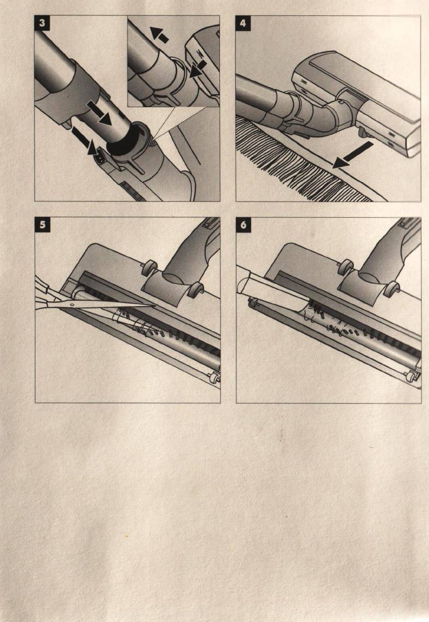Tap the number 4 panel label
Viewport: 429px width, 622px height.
click(244, 24)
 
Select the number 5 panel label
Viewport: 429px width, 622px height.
click(43, 225)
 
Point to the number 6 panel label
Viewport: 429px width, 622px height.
click(244, 225)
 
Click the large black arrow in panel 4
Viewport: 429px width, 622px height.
click(352, 155)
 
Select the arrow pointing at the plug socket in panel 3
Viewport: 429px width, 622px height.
click(84, 141)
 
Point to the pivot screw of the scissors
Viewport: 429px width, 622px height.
click(72, 305)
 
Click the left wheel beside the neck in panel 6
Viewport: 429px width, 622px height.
click(347, 266)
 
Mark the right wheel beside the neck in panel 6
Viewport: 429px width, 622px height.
click(393, 289)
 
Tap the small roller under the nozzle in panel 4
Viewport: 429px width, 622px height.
click(362, 132)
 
